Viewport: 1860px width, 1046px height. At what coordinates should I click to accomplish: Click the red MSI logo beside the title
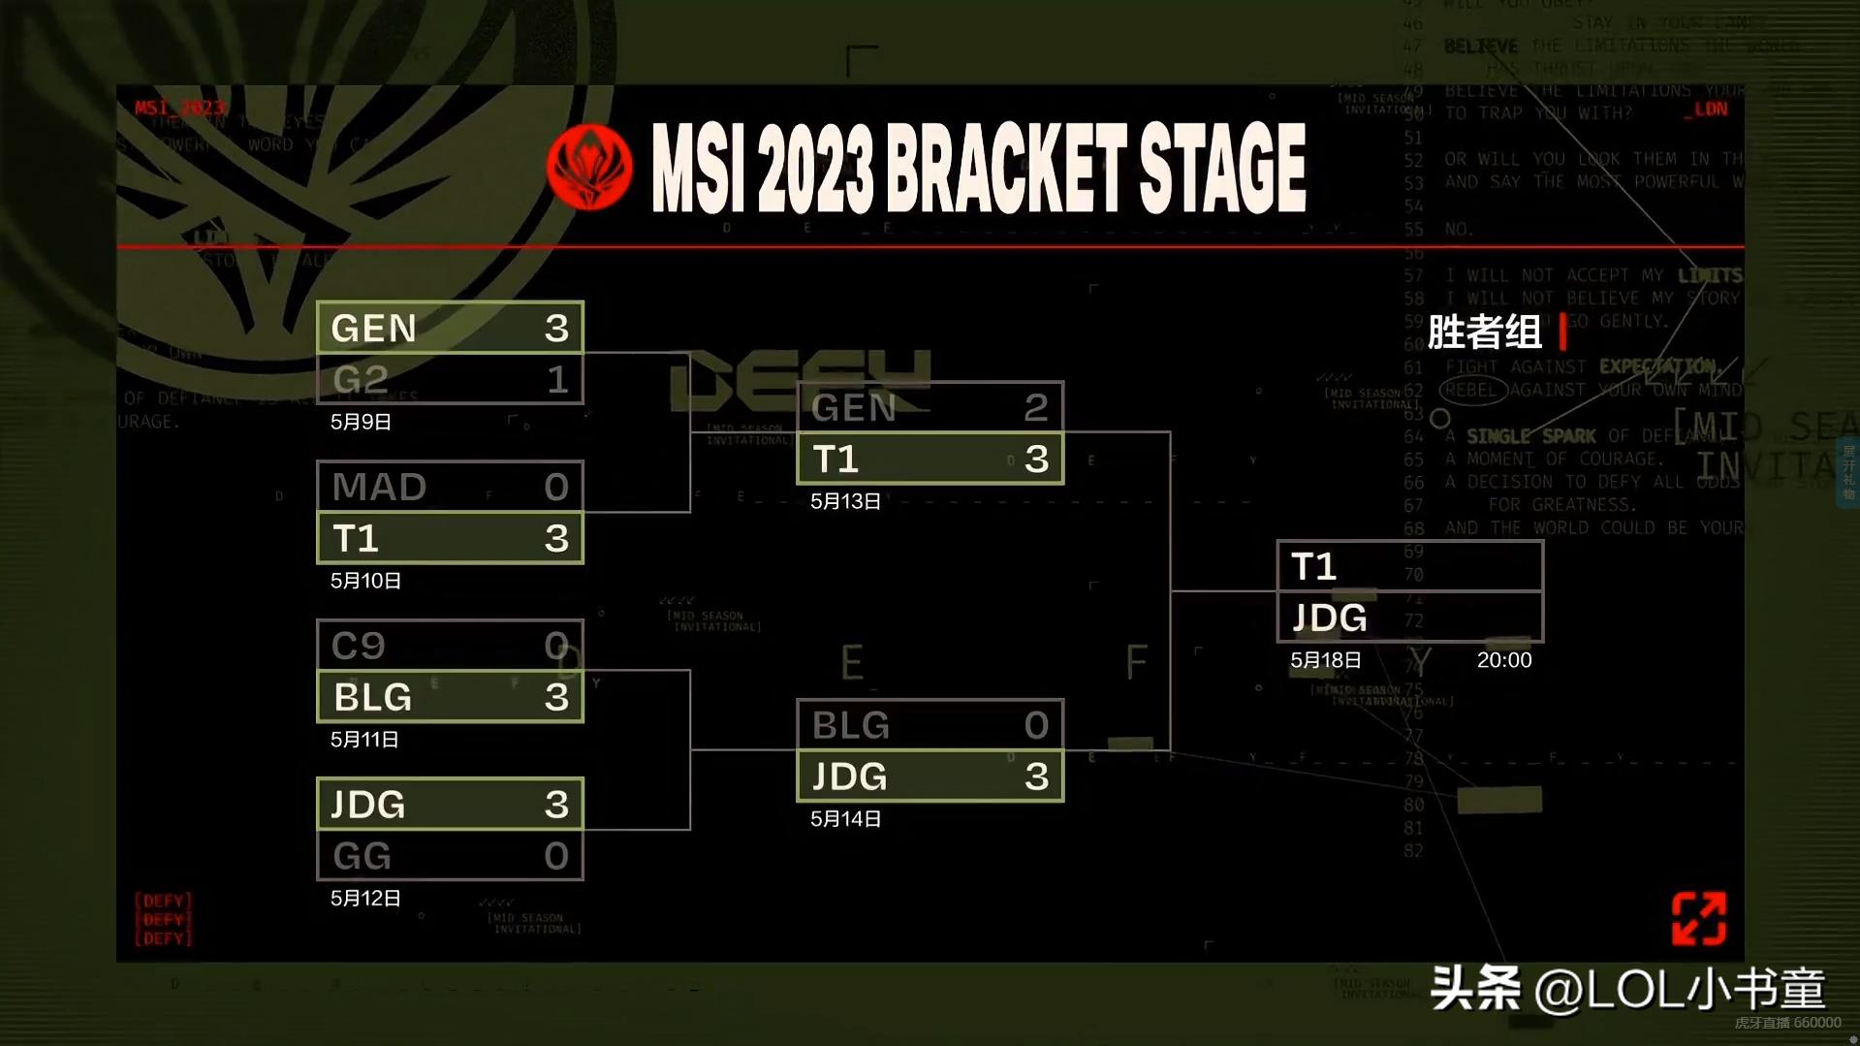pyautogui.click(x=589, y=168)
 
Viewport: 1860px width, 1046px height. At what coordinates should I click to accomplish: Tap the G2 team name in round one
pyautogui.click(x=361, y=379)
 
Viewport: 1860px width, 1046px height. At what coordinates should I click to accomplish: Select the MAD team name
pyautogui.click(x=379, y=487)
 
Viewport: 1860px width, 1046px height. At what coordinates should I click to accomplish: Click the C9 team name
pyautogui.click(x=359, y=646)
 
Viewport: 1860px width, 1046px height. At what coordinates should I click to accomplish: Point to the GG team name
pyautogui.click(x=363, y=856)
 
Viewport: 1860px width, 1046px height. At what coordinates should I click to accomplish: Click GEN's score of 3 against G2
pyautogui.click(x=556, y=329)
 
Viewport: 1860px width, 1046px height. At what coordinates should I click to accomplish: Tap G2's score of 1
pyautogui.click(x=557, y=379)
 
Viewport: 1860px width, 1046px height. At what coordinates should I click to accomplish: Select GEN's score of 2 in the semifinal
pyautogui.click(x=1036, y=407)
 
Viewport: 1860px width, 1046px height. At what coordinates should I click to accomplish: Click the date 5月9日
pyautogui.click(x=361, y=422)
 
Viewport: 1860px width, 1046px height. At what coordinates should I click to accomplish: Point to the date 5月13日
pyautogui.click(x=845, y=501)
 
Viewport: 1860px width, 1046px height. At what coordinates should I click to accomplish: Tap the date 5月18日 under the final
pyautogui.click(x=1325, y=660)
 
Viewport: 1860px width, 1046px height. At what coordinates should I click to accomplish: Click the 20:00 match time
pyautogui.click(x=1503, y=660)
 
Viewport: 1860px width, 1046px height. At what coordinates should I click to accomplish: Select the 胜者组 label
pyautogui.click(x=1484, y=333)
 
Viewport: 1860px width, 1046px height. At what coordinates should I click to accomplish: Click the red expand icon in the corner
pyautogui.click(x=1698, y=918)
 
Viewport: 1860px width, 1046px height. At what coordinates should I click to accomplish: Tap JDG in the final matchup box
pyautogui.click(x=1330, y=618)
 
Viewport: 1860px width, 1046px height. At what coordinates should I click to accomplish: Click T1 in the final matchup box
pyautogui.click(x=1314, y=567)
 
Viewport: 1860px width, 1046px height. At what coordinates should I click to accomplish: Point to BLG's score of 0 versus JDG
pyautogui.click(x=1036, y=725)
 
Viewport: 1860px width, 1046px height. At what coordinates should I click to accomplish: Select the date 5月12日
pyautogui.click(x=365, y=899)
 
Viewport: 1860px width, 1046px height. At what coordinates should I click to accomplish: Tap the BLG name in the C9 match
pyautogui.click(x=373, y=697)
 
